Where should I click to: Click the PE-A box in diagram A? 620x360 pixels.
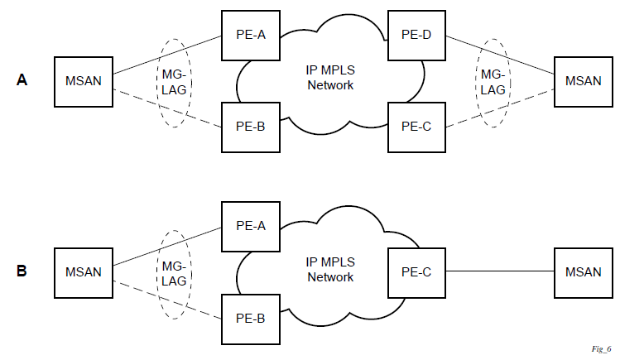coord(250,36)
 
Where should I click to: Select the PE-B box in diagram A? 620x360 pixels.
coord(250,126)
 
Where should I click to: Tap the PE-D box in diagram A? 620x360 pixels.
coord(416,36)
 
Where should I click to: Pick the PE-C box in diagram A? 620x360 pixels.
coord(416,126)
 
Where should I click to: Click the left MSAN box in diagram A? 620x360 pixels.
coord(83,80)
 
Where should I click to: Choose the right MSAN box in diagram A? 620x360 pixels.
coord(583,80)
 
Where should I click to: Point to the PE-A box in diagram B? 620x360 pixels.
coord(250,225)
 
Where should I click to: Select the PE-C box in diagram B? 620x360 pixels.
coord(416,271)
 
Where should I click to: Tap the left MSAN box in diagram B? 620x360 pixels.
coord(83,271)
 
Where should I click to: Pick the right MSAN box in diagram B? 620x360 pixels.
coord(583,271)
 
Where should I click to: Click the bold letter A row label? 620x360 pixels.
coord(22,80)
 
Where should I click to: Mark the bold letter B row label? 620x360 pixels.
coord(22,271)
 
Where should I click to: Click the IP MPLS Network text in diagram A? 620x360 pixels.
coord(330,77)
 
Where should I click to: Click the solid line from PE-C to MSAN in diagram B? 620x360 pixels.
coord(499,271)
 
